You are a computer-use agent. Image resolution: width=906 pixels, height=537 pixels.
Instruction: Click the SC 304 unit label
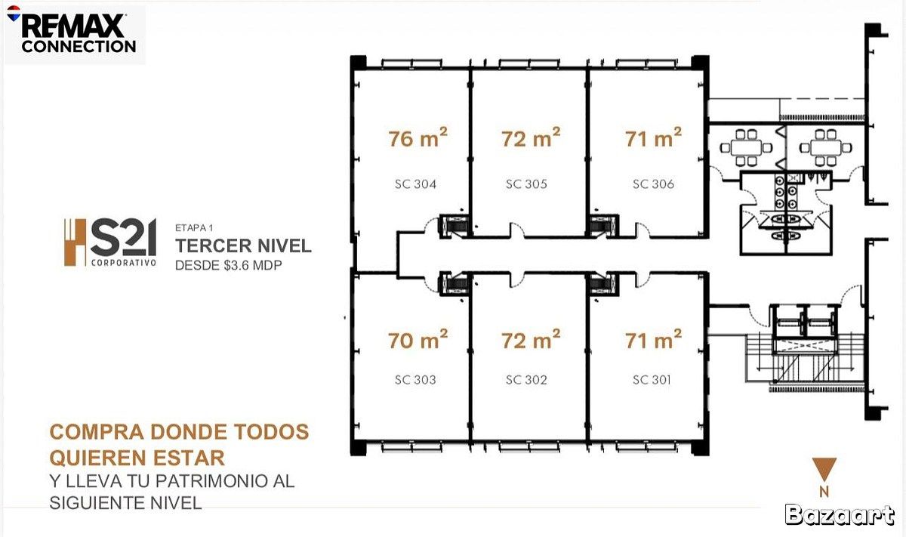tap(415, 184)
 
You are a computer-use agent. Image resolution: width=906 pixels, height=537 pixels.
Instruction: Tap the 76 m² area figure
tap(418, 137)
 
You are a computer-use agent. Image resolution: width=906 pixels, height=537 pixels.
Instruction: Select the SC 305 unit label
tap(526, 184)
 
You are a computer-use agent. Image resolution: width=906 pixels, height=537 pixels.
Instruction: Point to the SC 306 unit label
tap(653, 184)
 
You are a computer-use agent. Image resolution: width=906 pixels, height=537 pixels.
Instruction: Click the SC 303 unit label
tap(415, 380)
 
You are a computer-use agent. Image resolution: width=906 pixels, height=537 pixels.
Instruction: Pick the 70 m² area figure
tap(418, 340)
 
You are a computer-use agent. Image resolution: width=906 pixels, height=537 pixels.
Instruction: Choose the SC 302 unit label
tap(526, 380)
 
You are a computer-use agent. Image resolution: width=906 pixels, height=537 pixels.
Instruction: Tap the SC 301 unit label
tap(652, 380)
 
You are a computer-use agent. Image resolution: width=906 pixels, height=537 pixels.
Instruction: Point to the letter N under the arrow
tap(824, 492)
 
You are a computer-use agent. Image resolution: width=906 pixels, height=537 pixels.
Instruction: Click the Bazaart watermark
tap(839, 515)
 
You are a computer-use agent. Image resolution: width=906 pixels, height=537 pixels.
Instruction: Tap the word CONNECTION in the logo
tap(79, 46)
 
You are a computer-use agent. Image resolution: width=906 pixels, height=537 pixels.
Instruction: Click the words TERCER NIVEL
tap(243, 245)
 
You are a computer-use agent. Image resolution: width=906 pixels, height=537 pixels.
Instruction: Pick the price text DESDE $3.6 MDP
tap(228, 265)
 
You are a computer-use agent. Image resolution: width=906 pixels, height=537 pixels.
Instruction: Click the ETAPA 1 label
tap(194, 228)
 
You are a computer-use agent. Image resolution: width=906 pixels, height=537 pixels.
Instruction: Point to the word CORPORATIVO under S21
tap(124, 263)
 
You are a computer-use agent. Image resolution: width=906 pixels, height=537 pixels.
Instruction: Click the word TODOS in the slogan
tap(271, 432)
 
